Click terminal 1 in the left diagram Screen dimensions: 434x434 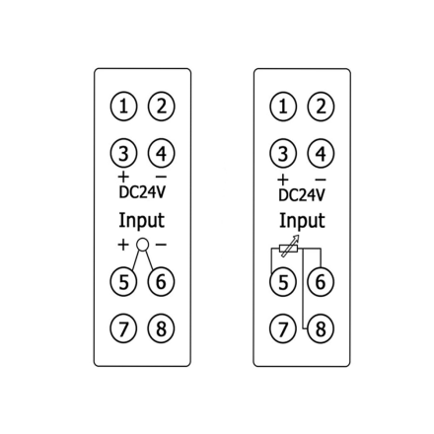tap(123, 107)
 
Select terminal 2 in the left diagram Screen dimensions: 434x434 tap(161, 107)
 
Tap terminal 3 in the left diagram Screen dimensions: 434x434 tap(123, 153)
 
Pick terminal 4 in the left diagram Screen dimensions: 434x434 tap(161, 153)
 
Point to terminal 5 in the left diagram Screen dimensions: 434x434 tap(123, 282)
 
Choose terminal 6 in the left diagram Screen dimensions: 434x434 tap(161, 282)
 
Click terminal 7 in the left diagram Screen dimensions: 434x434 tap(123, 328)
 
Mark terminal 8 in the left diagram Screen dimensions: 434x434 tap(161, 328)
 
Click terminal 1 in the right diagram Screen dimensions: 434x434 tap(283, 107)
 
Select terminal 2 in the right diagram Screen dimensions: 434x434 tap(321, 107)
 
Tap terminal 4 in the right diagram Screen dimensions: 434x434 tap(321, 153)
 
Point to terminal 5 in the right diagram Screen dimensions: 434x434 tap(283, 282)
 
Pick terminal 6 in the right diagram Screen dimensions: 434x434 tap(321, 282)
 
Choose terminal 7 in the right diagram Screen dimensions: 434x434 tap(283, 328)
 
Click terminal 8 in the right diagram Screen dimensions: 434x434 tap(321, 328)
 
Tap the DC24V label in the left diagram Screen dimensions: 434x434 tap(142, 192)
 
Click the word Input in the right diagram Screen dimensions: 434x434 tap(302, 221)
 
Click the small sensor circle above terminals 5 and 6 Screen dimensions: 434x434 tap(142, 244)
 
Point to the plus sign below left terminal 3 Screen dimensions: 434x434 tap(123, 178)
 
